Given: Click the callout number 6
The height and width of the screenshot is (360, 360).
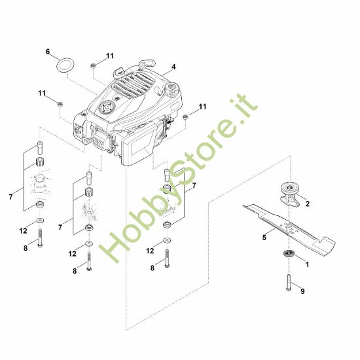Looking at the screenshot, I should [x=47, y=51].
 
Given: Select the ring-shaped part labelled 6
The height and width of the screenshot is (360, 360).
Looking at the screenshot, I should [x=65, y=65].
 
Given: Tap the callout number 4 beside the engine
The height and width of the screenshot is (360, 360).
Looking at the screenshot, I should [x=173, y=67].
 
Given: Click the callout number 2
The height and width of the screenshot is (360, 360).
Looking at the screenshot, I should [x=308, y=204].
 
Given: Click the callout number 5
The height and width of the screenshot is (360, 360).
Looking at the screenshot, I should [x=264, y=238].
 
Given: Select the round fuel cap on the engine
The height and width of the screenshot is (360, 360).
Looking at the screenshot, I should [x=173, y=89].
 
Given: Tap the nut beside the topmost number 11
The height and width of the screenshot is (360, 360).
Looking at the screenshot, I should [x=95, y=65].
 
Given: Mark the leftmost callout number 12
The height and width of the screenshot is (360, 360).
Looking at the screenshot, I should [x=23, y=230].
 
